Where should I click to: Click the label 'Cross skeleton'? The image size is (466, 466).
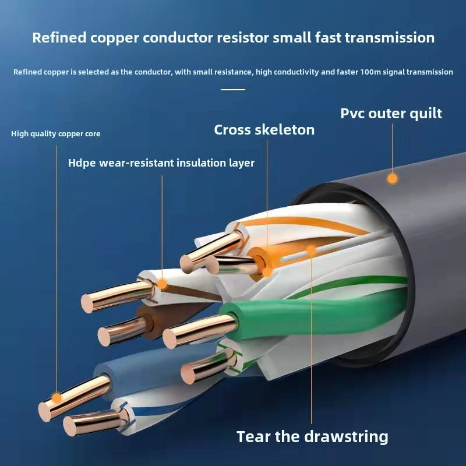click(x=264, y=129)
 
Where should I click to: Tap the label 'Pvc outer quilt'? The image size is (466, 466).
click(x=391, y=113)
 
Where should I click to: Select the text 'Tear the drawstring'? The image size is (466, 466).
click(x=312, y=436)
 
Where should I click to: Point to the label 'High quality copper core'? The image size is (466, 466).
click(x=56, y=134)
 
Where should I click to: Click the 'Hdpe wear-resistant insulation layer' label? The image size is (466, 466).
click(x=161, y=163)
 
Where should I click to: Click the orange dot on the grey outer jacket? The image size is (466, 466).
click(x=393, y=178)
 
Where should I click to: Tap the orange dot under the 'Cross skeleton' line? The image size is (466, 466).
click(x=267, y=271)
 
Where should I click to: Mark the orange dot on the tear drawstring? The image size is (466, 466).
click(x=311, y=250)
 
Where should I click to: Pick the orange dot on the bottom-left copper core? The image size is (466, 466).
click(x=57, y=397)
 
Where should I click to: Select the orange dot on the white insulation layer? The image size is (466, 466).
click(x=162, y=285)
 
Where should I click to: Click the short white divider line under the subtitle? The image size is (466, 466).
click(x=233, y=90)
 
